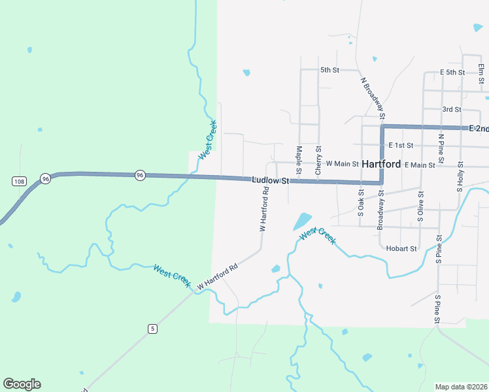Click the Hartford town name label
(381, 164)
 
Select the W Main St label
(343, 163)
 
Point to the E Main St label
(420, 165)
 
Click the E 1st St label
(401, 145)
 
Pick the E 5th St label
(452, 72)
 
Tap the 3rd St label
(452, 109)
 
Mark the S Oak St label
(361, 203)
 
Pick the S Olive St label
(420, 207)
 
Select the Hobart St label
(401, 249)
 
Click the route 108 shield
(18, 181)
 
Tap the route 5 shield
(152, 329)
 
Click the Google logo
(22, 384)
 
